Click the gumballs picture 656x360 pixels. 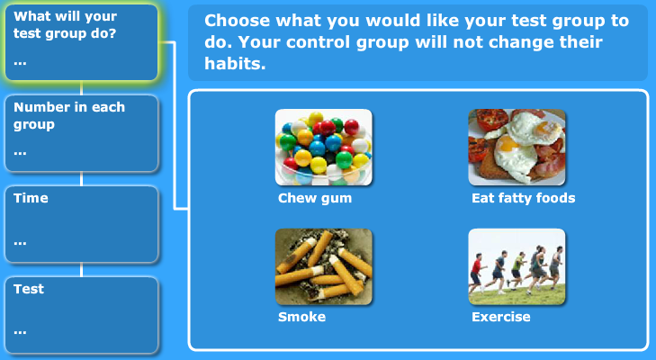(323, 148)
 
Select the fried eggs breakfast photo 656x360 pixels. (517, 148)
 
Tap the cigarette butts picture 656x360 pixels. (323, 266)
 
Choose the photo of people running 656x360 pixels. (517, 266)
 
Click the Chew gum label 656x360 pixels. (315, 198)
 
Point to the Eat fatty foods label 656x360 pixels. (524, 198)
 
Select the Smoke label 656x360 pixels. (301, 317)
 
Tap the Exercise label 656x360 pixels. (501, 317)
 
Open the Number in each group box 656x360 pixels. (82, 133)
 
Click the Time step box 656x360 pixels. (82, 224)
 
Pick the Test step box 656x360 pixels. (82, 315)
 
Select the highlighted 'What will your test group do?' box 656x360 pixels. (82, 42)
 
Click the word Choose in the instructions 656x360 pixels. (238, 21)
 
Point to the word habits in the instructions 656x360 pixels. (235, 64)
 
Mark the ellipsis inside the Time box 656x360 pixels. (20, 243)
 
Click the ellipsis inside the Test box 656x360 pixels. (20, 333)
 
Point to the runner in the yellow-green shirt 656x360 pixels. (517, 270)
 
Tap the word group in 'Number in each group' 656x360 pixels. (34, 125)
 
